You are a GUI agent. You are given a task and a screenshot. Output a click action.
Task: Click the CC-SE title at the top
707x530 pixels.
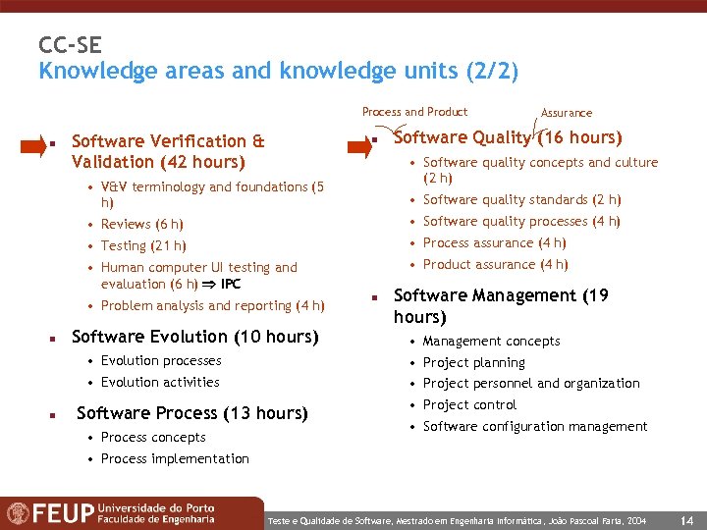click(x=70, y=45)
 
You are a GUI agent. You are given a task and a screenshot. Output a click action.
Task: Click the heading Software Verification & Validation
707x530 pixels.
click(x=167, y=151)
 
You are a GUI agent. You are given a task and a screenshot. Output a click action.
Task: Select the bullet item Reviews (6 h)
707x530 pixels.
click(x=141, y=224)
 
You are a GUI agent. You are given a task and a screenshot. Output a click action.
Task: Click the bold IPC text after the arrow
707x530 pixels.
click(x=231, y=285)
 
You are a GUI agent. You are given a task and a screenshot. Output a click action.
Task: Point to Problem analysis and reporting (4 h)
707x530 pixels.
click(x=212, y=305)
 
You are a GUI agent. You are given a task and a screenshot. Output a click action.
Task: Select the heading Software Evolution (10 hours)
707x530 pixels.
click(x=195, y=337)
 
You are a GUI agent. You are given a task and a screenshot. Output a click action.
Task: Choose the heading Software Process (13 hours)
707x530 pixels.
click(x=191, y=413)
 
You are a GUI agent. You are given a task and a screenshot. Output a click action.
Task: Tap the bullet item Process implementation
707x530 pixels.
click(x=174, y=458)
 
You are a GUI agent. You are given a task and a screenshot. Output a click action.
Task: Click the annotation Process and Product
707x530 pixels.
click(x=414, y=112)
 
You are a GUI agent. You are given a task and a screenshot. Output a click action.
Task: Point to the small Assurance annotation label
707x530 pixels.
click(x=567, y=113)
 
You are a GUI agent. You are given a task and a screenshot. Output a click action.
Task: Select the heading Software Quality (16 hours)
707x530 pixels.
click(x=507, y=137)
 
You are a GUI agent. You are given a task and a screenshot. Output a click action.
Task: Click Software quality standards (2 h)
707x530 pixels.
click(x=521, y=199)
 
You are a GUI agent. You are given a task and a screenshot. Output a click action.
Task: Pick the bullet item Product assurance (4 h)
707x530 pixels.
click(x=495, y=264)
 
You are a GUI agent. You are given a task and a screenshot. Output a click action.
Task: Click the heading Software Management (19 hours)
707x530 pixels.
click(x=500, y=306)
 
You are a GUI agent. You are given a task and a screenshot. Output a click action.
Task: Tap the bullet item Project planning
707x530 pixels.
click(x=473, y=362)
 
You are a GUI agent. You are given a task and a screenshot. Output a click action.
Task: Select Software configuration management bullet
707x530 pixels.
click(x=534, y=426)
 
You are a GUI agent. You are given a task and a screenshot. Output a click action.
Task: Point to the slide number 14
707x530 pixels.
click(x=687, y=516)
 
